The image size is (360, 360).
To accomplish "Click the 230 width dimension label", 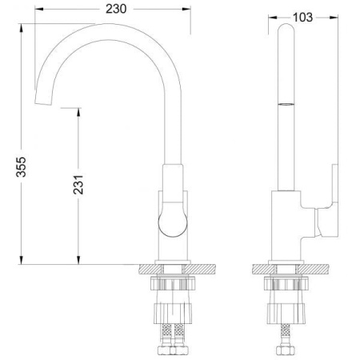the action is click(x=116, y=9).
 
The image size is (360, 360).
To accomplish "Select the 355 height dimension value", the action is click(x=22, y=167).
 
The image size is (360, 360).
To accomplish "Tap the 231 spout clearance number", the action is click(x=78, y=185).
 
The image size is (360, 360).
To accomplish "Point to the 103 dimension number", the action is click(x=302, y=18).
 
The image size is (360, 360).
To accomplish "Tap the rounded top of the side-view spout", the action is click(x=286, y=28).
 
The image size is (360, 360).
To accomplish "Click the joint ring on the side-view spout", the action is click(x=286, y=104).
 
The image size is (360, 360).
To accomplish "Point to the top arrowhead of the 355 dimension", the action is click(x=21, y=28).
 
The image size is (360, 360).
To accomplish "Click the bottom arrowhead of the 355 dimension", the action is click(x=21, y=260).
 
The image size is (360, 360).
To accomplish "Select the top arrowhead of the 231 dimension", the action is click(x=78, y=112).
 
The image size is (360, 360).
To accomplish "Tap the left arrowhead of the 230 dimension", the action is click(x=39, y=9).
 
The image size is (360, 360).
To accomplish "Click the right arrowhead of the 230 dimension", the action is click(x=186, y=9).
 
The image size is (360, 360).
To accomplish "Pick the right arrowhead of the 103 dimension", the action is click(x=334, y=18).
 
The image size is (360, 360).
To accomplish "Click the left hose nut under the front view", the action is click(x=165, y=350).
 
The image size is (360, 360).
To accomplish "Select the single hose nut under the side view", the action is click(x=286, y=350).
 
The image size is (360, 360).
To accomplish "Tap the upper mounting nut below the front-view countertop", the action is click(x=173, y=283).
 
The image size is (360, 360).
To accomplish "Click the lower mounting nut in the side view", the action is click(x=286, y=314).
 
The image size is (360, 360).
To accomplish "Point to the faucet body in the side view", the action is click(x=286, y=226).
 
